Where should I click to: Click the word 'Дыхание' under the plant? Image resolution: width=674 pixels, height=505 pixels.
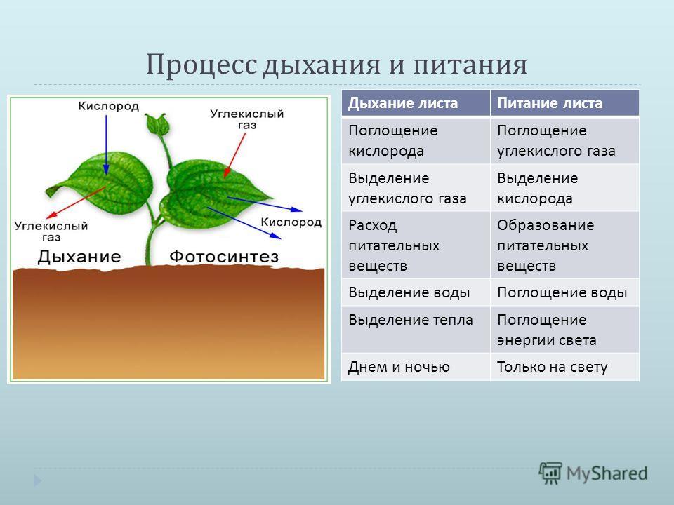point(79,257)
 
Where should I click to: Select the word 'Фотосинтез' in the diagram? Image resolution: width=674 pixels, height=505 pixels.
point(224,257)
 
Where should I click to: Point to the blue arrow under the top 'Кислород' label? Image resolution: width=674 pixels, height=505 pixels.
point(106,144)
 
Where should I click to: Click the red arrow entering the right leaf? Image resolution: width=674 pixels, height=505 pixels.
point(234,155)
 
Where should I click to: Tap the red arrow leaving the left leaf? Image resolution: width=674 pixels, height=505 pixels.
point(76,203)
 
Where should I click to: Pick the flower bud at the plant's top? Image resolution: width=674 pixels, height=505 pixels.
point(157,124)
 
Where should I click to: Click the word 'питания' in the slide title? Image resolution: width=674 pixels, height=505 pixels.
point(470,65)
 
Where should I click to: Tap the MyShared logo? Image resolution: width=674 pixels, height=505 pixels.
point(593,473)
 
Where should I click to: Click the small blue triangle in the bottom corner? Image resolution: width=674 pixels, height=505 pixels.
point(38,480)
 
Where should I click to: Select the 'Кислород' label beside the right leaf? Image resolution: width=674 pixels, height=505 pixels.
point(291,222)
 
